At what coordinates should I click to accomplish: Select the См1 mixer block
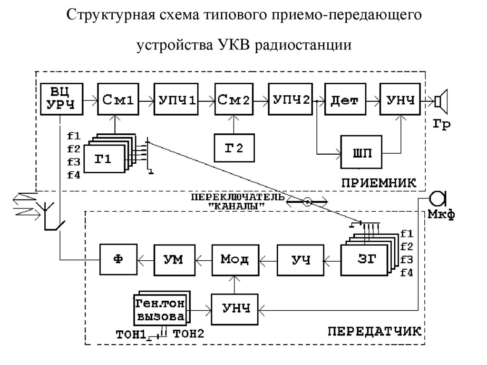tap(116, 99)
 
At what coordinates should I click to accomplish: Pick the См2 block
tap(233, 99)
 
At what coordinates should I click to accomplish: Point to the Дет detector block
tap(345, 99)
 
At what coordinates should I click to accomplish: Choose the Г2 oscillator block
tap(234, 148)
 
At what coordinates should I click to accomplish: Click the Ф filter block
tap(118, 259)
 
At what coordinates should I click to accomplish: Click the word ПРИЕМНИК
tap(379, 182)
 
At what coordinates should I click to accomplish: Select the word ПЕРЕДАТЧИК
tap(374, 332)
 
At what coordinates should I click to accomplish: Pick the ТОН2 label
tap(188, 334)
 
